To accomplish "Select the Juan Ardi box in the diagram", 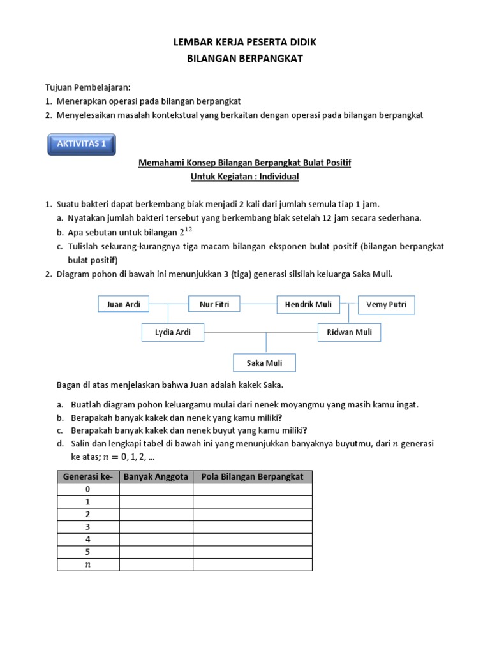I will click(123, 305).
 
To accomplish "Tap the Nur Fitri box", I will click(214, 305).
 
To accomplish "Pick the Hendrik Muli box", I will click(308, 305).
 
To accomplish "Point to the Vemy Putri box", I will click(387, 305).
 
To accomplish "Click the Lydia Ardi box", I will click(173, 332).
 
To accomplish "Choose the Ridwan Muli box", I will click(349, 332).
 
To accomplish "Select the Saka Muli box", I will click(264, 363).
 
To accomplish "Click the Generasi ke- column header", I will click(88, 477).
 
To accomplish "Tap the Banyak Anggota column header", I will click(156, 477).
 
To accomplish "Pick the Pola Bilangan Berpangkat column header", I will click(253, 477).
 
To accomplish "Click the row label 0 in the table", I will click(88, 489).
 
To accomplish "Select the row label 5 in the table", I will click(88, 552).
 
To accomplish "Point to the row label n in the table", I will click(88, 564).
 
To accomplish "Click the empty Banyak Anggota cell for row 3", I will click(156, 527).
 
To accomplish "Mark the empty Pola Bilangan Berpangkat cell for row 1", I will click(253, 502).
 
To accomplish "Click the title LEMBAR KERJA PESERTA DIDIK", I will click(245, 42).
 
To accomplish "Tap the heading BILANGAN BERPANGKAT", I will click(245, 58).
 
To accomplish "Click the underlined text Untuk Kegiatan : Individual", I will click(245, 177).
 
